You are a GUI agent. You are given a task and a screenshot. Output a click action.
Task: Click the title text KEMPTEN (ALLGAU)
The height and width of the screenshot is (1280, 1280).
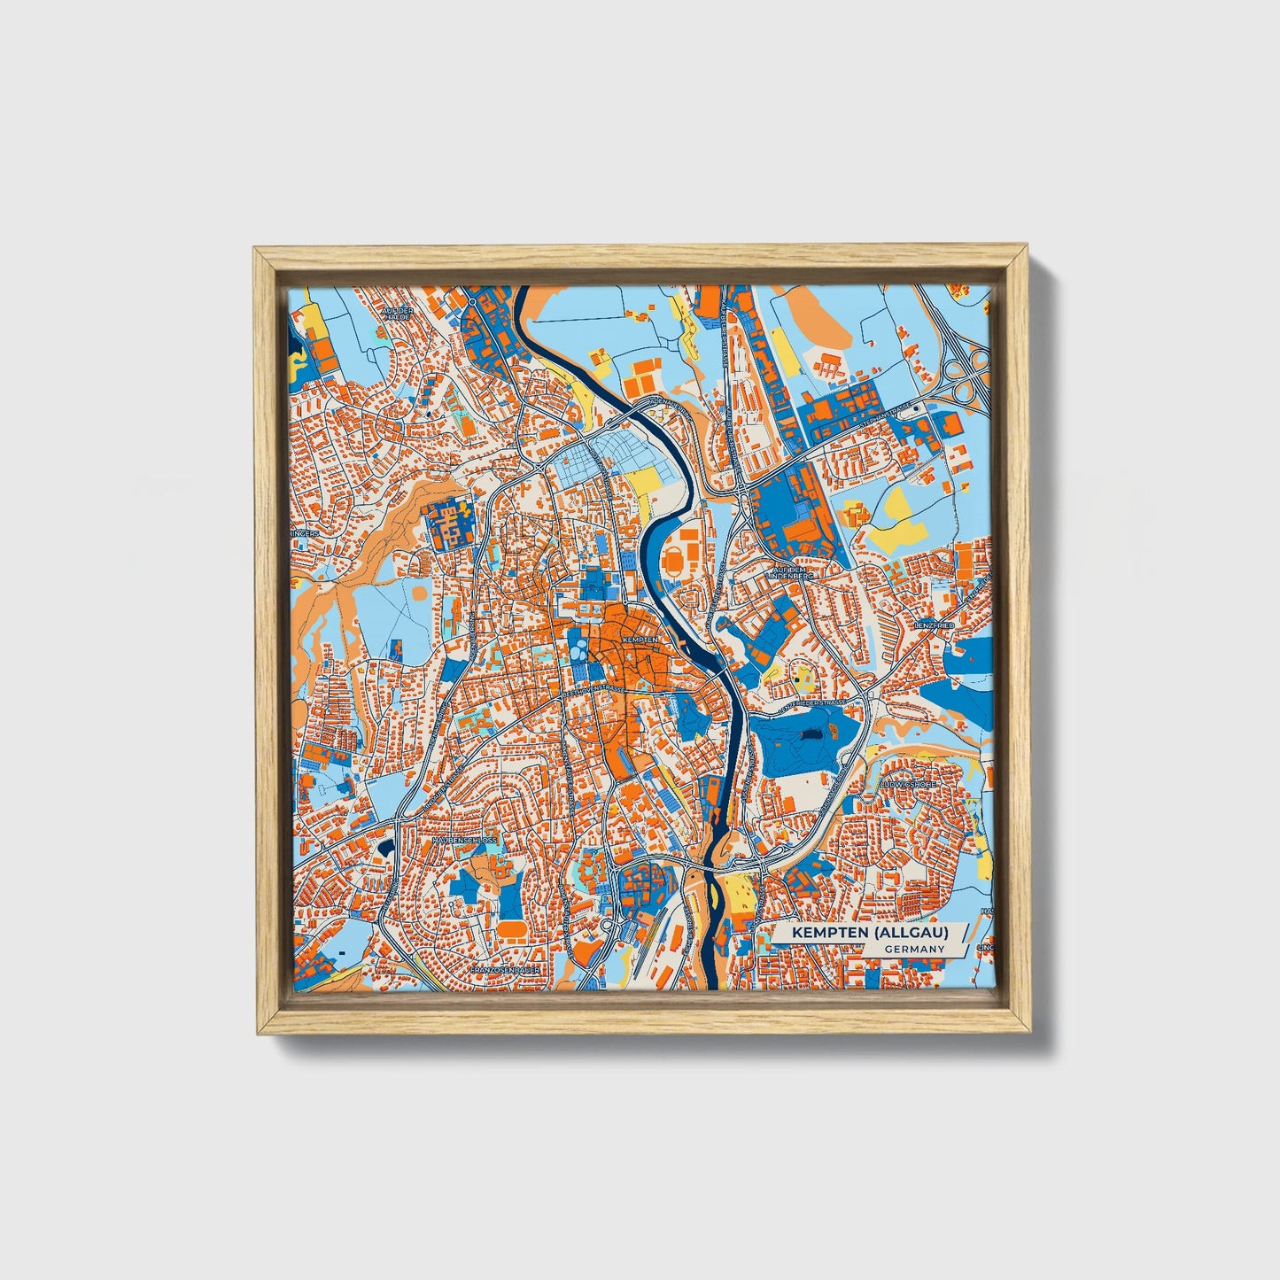(870, 933)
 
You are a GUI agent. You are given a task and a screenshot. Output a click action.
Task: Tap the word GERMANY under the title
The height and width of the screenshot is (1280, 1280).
(913, 949)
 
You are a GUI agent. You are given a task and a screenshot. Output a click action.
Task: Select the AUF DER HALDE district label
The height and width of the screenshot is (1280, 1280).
(397, 315)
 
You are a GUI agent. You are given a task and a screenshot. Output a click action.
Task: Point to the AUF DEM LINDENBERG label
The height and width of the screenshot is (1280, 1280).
(791, 572)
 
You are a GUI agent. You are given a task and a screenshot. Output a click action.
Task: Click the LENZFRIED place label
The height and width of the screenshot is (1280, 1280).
(933, 624)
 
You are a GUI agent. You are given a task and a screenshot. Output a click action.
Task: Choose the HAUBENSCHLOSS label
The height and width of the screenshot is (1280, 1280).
(464, 838)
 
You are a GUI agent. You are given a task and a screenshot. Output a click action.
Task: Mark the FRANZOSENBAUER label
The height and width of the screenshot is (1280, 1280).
(501, 971)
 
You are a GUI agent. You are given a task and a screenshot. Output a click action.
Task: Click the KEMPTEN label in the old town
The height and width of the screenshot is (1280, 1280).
(640, 639)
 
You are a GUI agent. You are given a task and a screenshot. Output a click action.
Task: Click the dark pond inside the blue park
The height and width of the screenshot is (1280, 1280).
(809, 734)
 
